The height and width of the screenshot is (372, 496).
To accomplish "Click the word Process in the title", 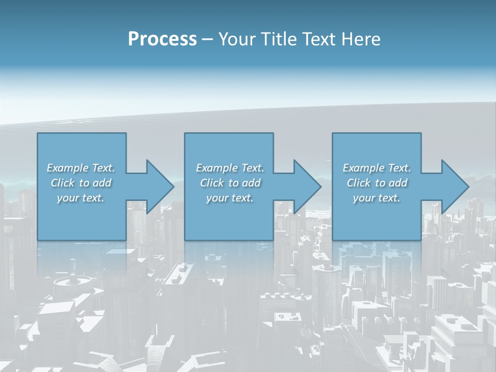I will click(162, 39).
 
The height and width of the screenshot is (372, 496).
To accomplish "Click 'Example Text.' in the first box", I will click(81, 168).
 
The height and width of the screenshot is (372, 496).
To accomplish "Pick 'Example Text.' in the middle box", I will click(230, 168).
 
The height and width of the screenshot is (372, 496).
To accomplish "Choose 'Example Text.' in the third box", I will click(377, 168).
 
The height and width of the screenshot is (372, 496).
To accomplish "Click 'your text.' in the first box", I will click(81, 198).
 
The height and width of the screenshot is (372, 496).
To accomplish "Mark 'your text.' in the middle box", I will click(230, 198).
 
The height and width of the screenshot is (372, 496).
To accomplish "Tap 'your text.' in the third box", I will click(377, 198).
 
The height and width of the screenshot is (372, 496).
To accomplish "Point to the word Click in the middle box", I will click(212, 183).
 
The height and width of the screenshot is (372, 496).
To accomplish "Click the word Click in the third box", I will click(359, 183).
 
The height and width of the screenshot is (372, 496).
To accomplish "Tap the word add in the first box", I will click(102, 183).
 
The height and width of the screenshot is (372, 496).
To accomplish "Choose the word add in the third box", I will click(398, 183).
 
